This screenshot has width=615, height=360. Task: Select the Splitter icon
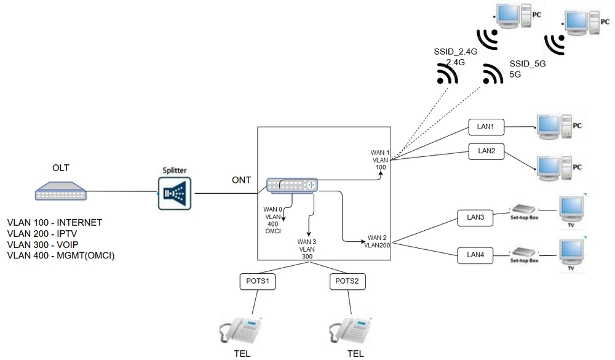[175, 193]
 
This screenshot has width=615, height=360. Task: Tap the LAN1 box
[486, 127]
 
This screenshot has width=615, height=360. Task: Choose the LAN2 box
[486, 150]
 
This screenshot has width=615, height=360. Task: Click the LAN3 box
[475, 217]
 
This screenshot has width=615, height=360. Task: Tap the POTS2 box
[347, 281]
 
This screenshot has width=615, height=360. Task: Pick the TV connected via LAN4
[570, 252]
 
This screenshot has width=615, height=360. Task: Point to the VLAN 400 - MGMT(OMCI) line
[61, 255]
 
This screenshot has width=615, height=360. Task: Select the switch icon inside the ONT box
[292, 185]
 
